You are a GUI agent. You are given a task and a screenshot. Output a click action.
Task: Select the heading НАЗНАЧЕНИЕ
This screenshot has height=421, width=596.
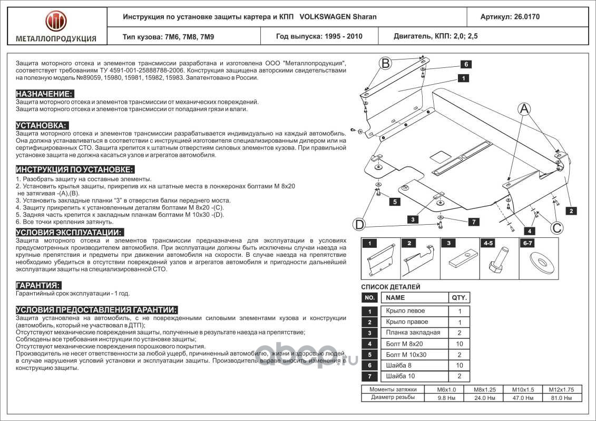tap(44, 94)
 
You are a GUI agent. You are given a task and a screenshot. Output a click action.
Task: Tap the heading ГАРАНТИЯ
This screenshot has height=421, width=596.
tap(38, 285)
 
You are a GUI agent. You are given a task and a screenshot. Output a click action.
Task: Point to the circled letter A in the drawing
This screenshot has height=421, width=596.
tap(524, 108)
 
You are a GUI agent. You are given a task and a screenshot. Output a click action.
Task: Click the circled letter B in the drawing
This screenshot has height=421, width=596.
tap(386, 64)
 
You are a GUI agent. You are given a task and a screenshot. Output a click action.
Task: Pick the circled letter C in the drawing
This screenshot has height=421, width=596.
tap(556, 227)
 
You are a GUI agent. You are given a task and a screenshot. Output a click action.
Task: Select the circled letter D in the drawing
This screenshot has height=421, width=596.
tap(359, 225)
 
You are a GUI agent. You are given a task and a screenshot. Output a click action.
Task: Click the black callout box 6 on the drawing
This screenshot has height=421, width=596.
tap(466, 64)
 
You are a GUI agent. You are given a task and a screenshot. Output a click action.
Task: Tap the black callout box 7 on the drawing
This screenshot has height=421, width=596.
tap(473, 222)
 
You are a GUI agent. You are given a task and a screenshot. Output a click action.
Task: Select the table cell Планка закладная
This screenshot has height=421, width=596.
tap(413, 333)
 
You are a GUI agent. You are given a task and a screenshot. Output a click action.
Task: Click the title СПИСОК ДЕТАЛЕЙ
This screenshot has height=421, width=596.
tap(390, 287)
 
